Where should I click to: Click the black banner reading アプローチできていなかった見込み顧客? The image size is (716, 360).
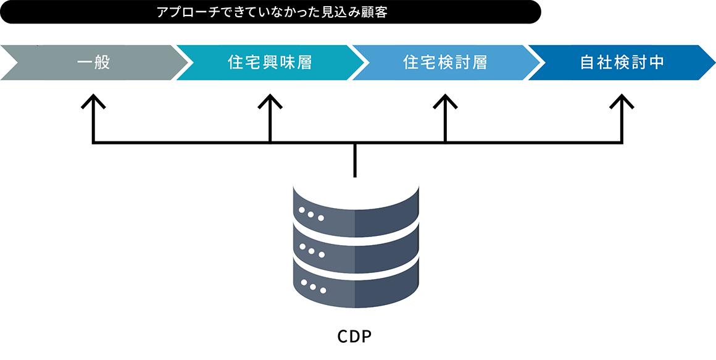(x=270, y=12)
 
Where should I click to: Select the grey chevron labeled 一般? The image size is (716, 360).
(x=94, y=62)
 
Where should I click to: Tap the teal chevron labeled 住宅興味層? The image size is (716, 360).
(x=270, y=62)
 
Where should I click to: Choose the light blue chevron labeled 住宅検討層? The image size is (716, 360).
(x=446, y=62)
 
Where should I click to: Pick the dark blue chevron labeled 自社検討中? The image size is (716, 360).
(x=622, y=62)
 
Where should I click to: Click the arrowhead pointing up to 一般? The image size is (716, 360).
(x=94, y=101)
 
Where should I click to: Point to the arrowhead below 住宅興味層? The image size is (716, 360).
(x=270, y=101)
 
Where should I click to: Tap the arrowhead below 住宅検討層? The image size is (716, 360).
(x=446, y=101)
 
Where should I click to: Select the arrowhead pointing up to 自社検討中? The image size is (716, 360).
(x=622, y=101)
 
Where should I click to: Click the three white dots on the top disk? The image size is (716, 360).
(x=311, y=214)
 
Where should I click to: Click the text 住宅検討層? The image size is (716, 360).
(x=446, y=62)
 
